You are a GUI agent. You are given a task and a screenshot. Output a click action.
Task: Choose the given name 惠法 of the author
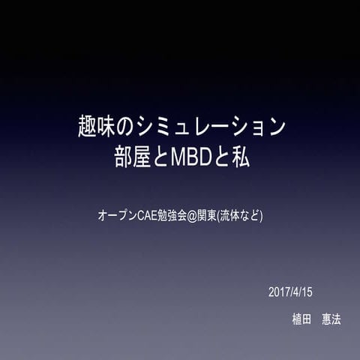(331, 319)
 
